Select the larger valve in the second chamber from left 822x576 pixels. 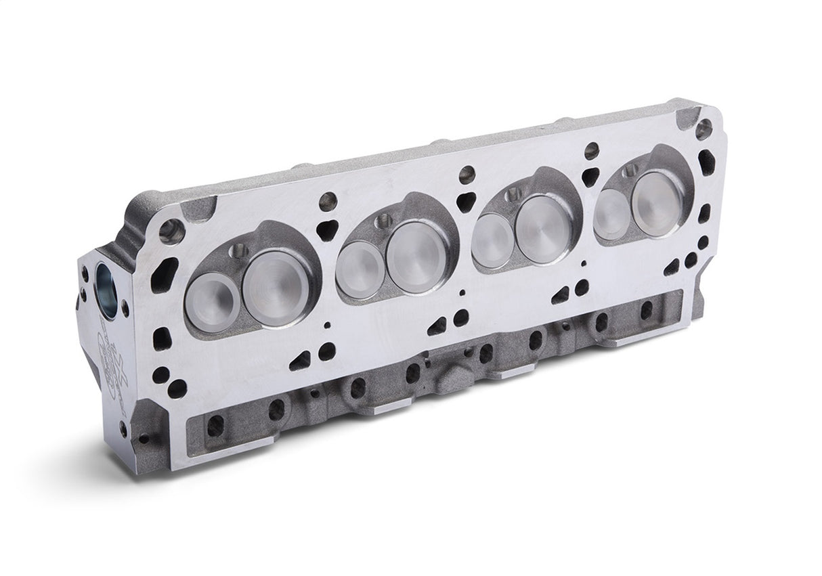414,257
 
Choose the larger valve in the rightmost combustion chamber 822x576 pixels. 657,195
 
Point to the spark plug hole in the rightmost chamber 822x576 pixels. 630,170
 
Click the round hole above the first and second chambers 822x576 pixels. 328,200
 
